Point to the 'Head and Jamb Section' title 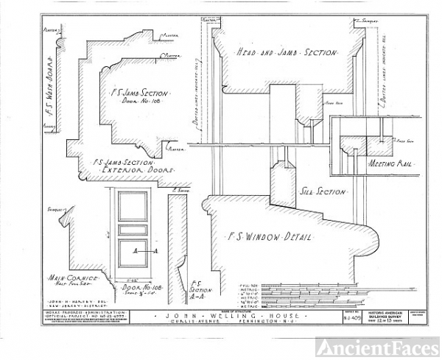point(286,53)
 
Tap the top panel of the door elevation point(133,205)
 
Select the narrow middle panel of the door point(133,230)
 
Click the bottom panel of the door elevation point(133,252)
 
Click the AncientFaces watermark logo point(377,346)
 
